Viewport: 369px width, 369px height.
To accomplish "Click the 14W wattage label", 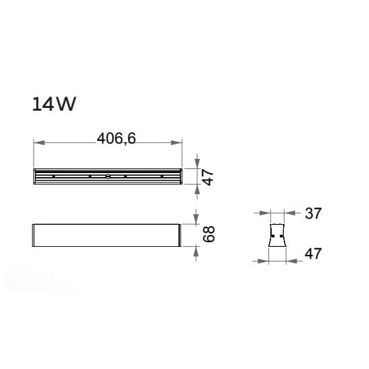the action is (54, 104).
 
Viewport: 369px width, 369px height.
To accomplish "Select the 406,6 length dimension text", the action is (117, 138).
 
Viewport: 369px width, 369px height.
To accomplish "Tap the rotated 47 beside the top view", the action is (208, 178).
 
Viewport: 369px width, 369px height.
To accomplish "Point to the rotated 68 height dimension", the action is (209, 234).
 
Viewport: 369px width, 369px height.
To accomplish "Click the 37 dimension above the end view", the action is (313, 213).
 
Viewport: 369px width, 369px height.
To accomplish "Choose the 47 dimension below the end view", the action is (313, 254).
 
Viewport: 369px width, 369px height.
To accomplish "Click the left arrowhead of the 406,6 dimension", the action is (40, 143).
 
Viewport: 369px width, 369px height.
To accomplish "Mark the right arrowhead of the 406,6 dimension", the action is (176, 143).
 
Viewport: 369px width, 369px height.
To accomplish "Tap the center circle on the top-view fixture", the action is (107, 176).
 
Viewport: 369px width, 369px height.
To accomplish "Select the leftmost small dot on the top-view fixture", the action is (54, 176).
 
